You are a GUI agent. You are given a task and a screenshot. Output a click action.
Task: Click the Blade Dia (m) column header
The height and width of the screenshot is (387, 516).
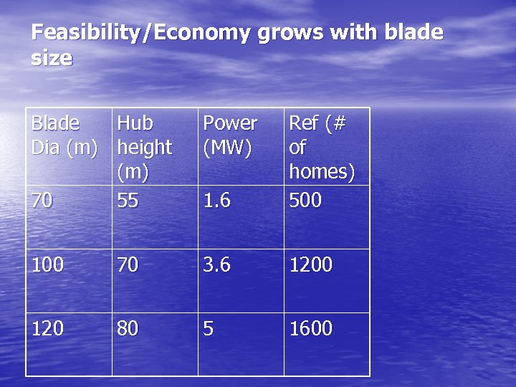64,135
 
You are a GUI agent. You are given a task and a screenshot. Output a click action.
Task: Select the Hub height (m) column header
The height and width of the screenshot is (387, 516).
144,147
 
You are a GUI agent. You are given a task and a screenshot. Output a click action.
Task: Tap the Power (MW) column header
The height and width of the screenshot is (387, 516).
230,135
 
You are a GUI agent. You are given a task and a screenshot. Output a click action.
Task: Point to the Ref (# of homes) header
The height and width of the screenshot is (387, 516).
321,147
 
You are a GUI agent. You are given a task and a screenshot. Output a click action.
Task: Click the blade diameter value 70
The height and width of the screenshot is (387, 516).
42,201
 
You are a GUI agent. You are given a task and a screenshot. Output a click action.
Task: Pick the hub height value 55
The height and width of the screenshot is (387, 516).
128,201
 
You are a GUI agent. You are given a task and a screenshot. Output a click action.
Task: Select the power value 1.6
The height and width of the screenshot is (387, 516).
216,201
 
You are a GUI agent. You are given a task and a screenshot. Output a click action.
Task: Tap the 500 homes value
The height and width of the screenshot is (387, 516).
305,201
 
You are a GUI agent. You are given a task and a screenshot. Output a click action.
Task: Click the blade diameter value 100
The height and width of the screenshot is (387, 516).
47,265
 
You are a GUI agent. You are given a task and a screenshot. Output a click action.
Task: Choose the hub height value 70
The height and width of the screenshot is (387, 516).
128,265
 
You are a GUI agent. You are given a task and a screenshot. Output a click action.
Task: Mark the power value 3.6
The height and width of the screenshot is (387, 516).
216,265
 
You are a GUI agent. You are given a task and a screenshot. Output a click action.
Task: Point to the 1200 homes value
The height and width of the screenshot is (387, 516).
310,265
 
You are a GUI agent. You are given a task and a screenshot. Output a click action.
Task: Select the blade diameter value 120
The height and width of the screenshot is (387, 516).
47,329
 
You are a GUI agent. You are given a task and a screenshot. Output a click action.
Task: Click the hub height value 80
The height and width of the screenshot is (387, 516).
128,329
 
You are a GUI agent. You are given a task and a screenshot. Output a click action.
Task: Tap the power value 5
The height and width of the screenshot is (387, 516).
209,329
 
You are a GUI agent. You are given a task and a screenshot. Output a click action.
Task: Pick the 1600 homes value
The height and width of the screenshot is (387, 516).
310,329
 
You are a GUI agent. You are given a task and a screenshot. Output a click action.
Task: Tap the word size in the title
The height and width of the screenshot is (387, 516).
52,58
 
